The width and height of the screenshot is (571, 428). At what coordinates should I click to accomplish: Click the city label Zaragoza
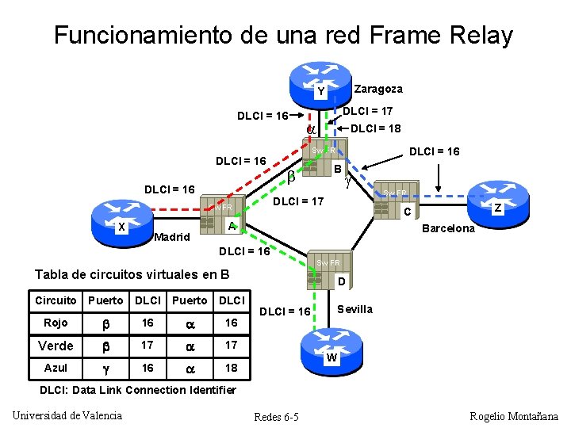tap(378, 89)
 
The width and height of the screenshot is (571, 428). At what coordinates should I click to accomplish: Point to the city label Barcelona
tap(448, 228)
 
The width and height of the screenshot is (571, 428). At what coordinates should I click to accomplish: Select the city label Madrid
tap(172, 237)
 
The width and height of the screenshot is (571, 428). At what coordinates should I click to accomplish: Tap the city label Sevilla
tap(354, 309)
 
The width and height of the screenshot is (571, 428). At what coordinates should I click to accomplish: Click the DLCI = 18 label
tap(375, 128)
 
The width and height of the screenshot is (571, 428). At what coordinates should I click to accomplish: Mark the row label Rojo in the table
tap(56, 323)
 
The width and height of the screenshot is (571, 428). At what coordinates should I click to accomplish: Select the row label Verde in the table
tap(56, 346)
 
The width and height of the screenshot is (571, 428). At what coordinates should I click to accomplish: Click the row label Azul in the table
tap(56, 368)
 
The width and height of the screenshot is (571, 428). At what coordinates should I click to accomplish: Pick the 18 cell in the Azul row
tap(231, 368)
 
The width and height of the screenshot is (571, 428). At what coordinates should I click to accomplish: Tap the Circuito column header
tap(56, 300)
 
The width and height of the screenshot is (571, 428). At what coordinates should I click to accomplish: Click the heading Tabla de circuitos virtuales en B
tap(132, 274)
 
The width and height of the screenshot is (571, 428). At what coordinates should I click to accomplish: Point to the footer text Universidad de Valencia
tap(68, 415)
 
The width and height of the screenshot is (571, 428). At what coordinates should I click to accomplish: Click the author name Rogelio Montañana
tap(513, 416)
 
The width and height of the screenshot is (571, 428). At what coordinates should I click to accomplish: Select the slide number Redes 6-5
tap(275, 417)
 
